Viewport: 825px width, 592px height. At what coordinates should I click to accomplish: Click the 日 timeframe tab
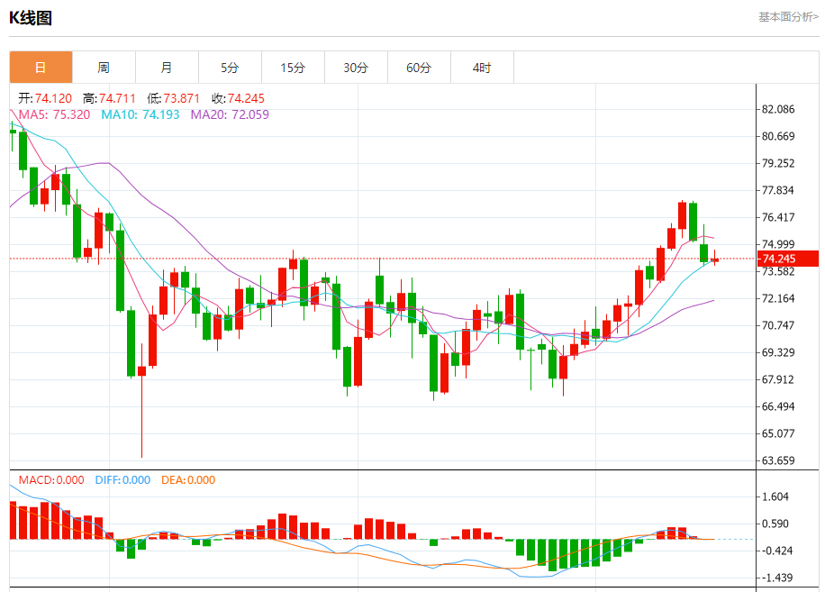pos(41,68)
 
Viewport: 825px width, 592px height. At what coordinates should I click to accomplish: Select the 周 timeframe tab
pos(104,68)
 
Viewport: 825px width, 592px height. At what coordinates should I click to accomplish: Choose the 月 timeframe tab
pos(167,68)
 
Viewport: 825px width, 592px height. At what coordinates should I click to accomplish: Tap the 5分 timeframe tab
pos(230,68)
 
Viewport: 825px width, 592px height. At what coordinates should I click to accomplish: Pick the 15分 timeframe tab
pos(293,68)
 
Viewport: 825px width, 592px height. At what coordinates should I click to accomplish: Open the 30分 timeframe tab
pos(356,68)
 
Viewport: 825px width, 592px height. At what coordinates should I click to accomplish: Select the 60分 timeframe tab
pos(419,68)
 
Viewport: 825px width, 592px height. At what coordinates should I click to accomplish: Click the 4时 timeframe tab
pos(482,68)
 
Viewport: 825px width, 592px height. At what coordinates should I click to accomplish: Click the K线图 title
pos(31,17)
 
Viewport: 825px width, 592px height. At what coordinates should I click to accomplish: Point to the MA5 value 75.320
pos(71,114)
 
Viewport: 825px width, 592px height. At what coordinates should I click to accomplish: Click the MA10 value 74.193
pos(160,114)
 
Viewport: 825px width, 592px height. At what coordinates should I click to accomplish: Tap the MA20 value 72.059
pos(249,114)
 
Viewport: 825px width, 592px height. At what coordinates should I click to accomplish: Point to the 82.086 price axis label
pos(778,109)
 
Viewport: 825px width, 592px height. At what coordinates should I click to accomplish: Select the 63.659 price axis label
pos(778,460)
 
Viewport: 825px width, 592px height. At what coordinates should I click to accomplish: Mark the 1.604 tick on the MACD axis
pos(775,496)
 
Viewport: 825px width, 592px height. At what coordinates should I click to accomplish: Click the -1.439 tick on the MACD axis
pos(775,578)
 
